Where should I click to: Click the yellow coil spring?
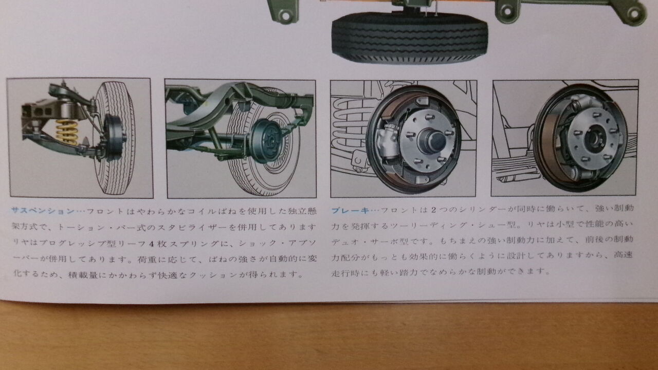click(x=67, y=132)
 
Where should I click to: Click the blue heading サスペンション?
click(x=43, y=211)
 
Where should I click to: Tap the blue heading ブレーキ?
click(x=350, y=210)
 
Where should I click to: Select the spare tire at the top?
click(x=410, y=38)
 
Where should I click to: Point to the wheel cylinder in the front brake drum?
click(x=388, y=140)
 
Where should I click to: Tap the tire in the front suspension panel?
click(x=115, y=138)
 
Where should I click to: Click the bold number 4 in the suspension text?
click(x=151, y=244)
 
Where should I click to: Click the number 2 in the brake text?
click(x=433, y=210)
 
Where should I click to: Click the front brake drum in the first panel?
click(x=113, y=137)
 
